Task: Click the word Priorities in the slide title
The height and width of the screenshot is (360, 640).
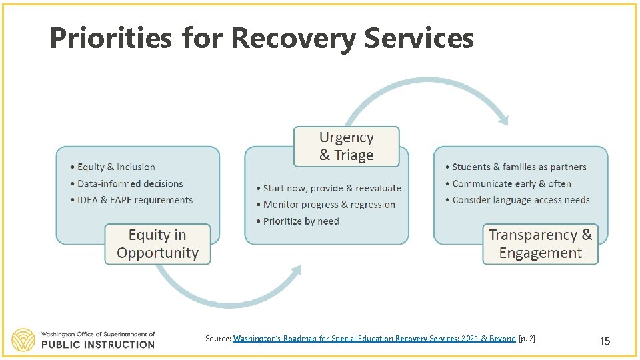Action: (x=110, y=39)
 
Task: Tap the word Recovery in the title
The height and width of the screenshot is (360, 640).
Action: (x=293, y=39)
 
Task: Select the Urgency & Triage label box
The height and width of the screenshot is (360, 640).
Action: (x=347, y=147)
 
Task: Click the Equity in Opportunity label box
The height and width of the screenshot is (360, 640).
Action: (x=157, y=244)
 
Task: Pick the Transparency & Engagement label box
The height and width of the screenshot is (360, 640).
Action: (x=540, y=244)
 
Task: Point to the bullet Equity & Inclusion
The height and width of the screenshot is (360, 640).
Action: (x=116, y=167)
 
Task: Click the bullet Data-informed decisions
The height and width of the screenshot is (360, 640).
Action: (x=130, y=183)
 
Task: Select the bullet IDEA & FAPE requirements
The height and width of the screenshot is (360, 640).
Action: (x=135, y=200)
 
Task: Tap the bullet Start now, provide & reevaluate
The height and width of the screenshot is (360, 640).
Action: (x=332, y=189)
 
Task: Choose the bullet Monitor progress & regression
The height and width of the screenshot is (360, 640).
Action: (x=329, y=205)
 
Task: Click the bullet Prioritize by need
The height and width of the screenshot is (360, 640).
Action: (x=301, y=221)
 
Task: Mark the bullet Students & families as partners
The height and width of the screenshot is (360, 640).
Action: (x=519, y=167)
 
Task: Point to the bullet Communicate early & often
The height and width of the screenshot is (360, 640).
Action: (x=511, y=183)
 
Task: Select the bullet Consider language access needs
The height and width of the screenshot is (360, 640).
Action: (x=521, y=200)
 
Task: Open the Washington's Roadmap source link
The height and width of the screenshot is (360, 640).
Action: (x=374, y=339)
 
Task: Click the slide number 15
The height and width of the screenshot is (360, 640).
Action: (x=605, y=341)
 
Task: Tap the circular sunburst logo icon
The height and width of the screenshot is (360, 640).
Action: (x=23, y=339)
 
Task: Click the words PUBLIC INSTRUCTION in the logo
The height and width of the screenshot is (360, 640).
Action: (x=97, y=345)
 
